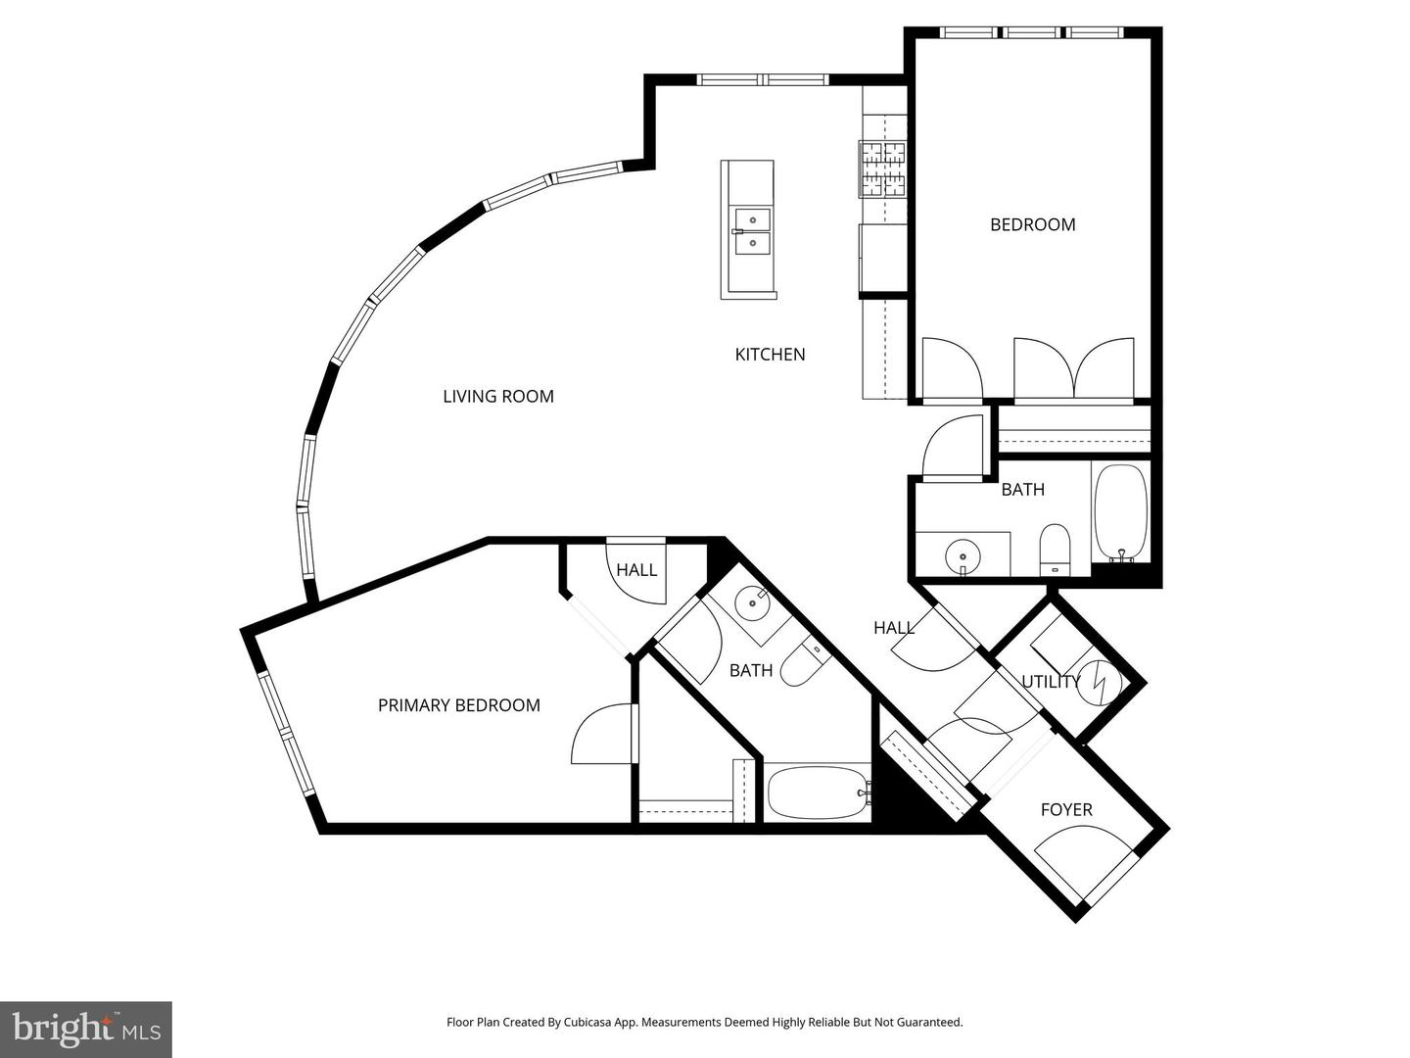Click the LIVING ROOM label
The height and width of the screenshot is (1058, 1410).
[498, 397]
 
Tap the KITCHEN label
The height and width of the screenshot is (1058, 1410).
[770, 355]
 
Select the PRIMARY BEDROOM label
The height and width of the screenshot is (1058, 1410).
[459, 705]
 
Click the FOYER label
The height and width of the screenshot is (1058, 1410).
[1066, 810]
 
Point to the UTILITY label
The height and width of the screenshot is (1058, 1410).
[1050, 682]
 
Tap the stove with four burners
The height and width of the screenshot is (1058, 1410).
[883, 169]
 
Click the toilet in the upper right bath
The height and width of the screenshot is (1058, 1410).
[1055, 550]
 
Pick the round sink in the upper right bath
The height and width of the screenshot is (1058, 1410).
[963, 556]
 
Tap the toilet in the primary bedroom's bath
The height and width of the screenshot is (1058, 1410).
[805, 662]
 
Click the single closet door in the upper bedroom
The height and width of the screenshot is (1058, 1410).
[951, 369]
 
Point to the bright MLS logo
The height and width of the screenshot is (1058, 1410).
[86, 1029]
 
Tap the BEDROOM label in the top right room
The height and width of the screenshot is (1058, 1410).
[1032, 224]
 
